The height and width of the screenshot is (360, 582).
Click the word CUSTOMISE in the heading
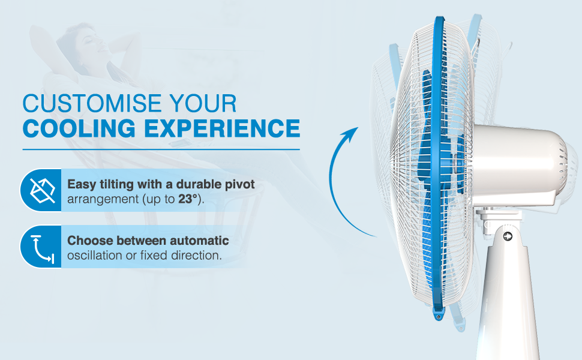coord(92,103)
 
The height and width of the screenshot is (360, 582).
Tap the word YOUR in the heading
coord(203,103)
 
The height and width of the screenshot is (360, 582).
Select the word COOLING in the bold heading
coord(79,128)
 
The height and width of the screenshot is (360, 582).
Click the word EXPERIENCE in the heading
coord(222,128)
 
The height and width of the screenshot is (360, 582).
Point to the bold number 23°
coord(187,199)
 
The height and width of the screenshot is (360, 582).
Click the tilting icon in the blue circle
coord(42,190)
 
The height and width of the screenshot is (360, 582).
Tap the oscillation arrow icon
coord(43,248)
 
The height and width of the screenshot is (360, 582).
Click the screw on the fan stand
coord(508,236)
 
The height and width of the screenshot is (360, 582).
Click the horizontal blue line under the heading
coord(161,149)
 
